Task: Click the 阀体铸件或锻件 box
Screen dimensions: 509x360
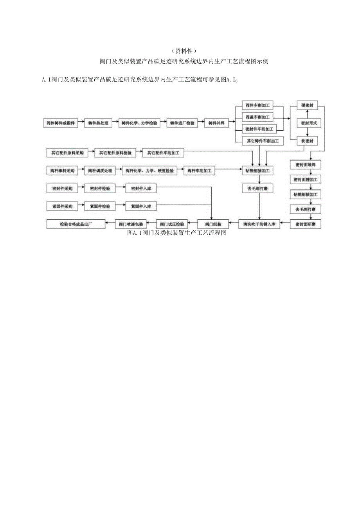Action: click(61, 123)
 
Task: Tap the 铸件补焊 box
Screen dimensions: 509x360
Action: click(216, 123)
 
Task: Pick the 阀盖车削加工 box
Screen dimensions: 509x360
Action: click(258, 117)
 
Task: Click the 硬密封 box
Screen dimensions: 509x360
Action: click(307, 106)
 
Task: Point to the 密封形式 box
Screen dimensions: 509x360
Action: click(307, 123)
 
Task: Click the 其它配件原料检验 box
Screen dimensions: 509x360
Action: click(115, 153)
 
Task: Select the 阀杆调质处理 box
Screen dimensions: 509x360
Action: click(100, 171)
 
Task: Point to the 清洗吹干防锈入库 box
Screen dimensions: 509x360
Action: click(259, 224)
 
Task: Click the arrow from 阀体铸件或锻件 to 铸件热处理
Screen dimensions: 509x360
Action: click(81, 123)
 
